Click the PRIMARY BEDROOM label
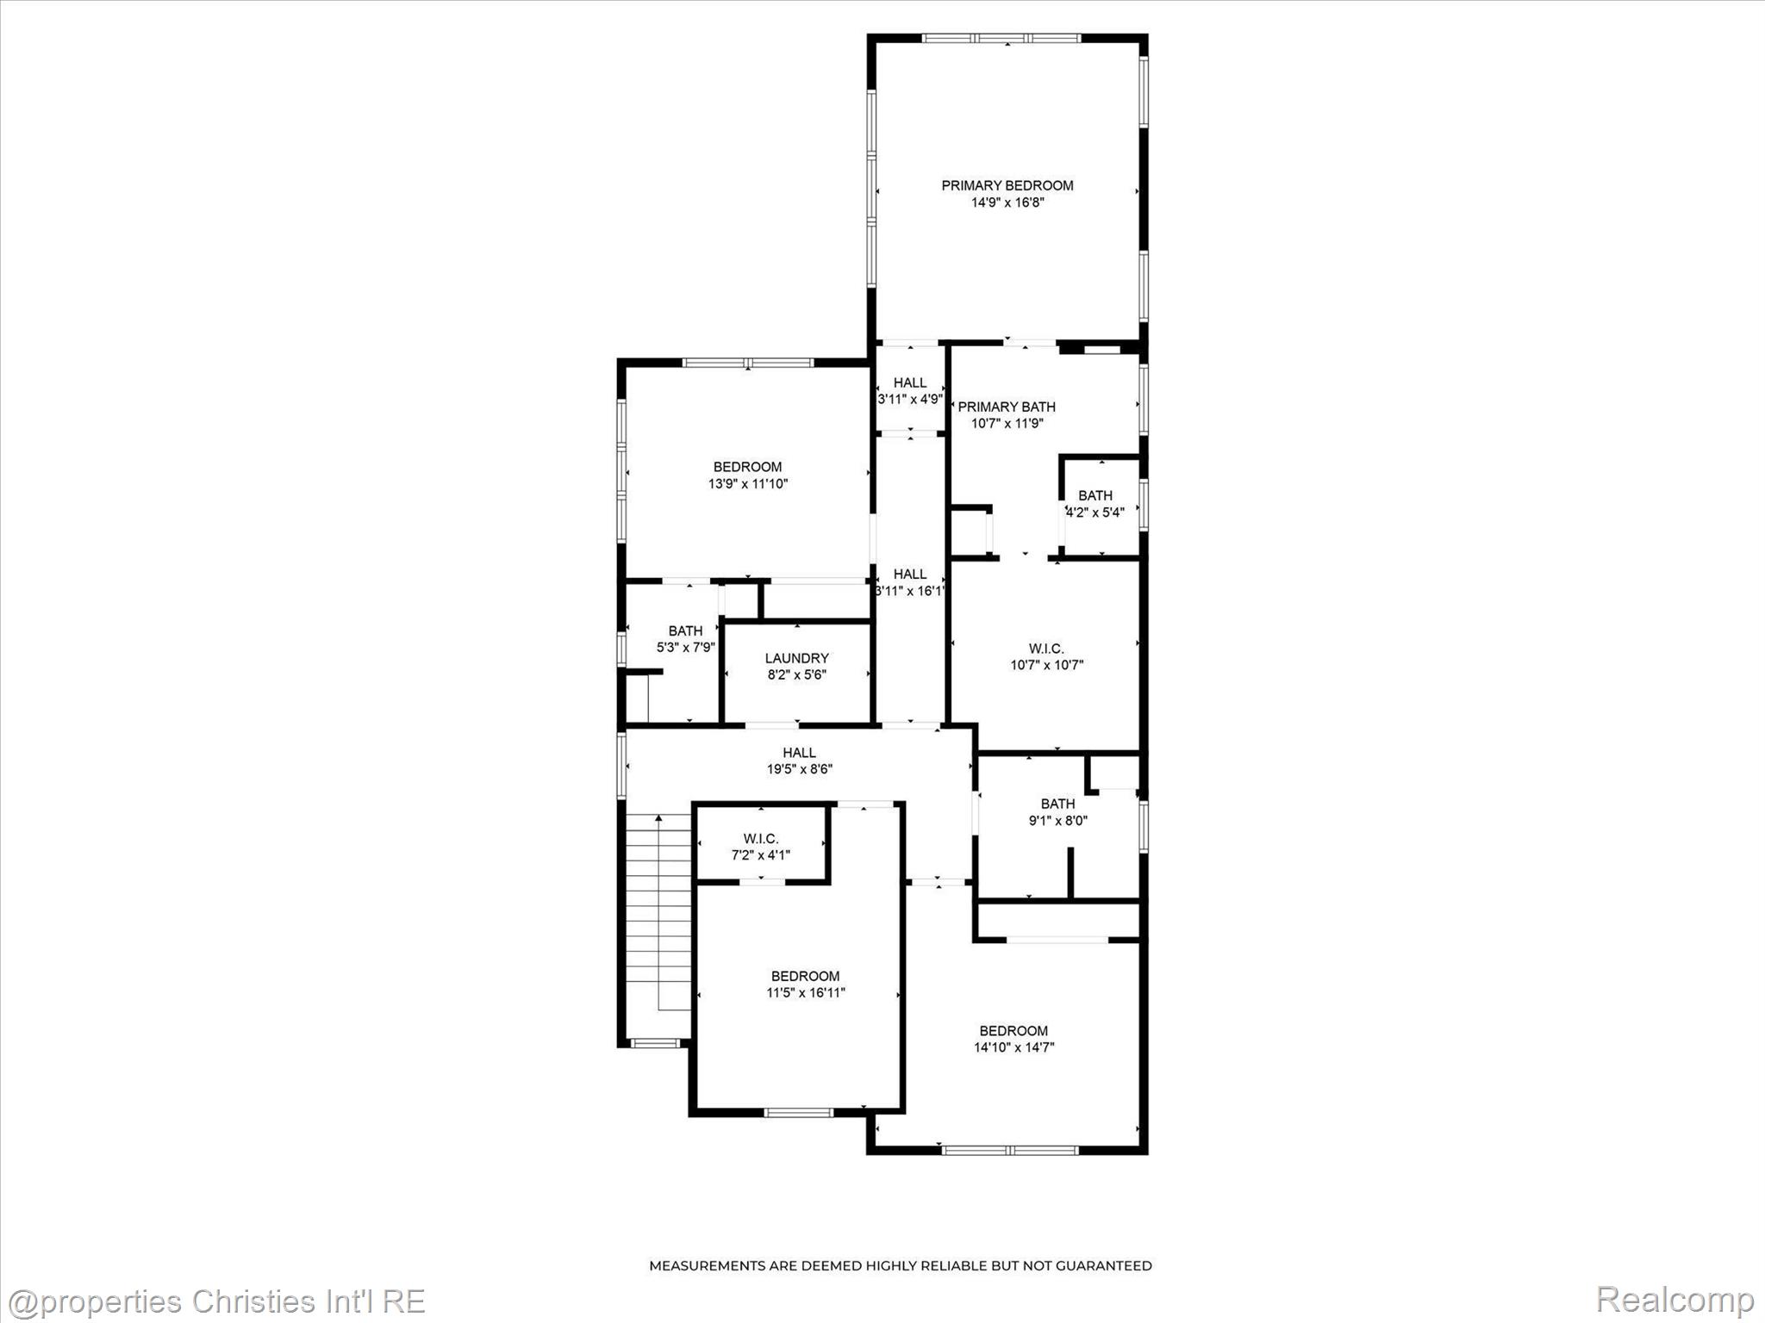(x=1007, y=185)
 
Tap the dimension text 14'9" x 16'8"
(x=1007, y=202)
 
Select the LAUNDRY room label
(x=796, y=658)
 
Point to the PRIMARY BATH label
(x=1007, y=407)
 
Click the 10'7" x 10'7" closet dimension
(x=1046, y=665)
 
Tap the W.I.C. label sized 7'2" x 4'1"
(x=761, y=838)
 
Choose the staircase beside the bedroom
(x=659, y=913)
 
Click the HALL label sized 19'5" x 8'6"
(x=799, y=753)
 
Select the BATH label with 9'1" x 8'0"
(x=1057, y=804)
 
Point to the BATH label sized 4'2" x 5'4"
(x=1095, y=495)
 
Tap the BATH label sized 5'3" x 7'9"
(x=685, y=630)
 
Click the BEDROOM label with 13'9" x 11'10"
(x=747, y=467)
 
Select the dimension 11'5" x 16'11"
(x=806, y=993)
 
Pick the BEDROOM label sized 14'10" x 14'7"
(x=1013, y=1031)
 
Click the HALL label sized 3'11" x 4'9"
(x=910, y=382)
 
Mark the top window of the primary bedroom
(x=1001, y=38)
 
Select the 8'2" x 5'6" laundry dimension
(x=797, y=674)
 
